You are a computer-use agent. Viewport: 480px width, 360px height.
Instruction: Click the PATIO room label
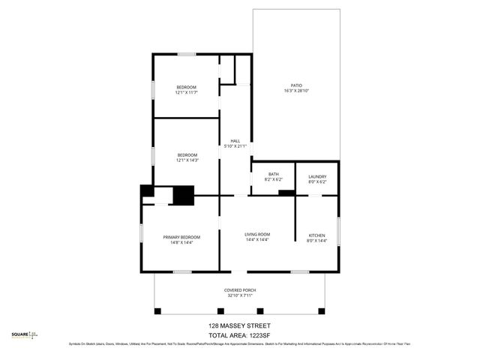295,85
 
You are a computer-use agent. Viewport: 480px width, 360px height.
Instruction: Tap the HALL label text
235,141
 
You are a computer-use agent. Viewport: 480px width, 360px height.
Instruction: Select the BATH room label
273,174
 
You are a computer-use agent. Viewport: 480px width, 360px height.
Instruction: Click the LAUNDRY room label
317,176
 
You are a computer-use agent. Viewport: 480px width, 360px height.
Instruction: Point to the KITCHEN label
317,235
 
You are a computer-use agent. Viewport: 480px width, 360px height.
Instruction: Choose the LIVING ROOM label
257,235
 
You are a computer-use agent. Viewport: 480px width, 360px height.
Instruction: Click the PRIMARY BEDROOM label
181,237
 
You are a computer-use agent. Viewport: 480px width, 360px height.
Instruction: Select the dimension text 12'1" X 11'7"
186,93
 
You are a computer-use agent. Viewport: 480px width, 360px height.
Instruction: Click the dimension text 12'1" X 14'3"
186,160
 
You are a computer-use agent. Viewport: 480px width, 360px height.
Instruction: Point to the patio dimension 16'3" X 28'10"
295,91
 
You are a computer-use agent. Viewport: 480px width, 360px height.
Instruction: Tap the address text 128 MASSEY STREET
239,325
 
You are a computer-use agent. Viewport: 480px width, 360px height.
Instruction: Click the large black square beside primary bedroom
184,195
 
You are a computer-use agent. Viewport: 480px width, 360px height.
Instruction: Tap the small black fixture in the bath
286,193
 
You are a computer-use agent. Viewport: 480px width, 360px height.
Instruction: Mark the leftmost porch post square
157,310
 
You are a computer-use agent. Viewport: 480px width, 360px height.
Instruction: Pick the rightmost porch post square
322,310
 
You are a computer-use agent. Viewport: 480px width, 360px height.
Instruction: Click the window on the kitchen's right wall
339,230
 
